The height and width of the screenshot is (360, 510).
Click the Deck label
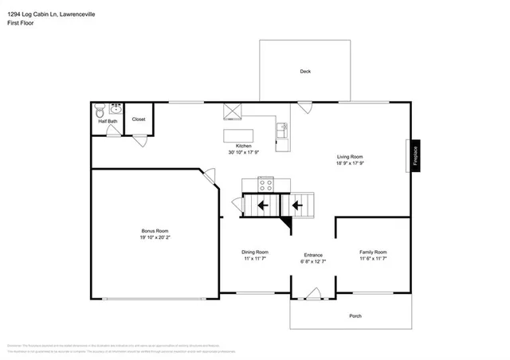click(x=304, y=72)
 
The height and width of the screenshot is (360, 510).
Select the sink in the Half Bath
click(x=116, y=108)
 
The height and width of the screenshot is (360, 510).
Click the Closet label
click(x=139, y=119)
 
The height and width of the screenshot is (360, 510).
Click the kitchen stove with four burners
click(x=265, y=184)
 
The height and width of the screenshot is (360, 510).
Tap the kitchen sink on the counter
click(x=281, y=127)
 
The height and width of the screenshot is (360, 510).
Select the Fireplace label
click(x=415, y=156)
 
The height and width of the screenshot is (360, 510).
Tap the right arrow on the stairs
click(x=296, y=205)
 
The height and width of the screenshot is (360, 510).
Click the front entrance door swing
click(x=312, y=293)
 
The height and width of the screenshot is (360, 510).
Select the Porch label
click(x=355, y=316)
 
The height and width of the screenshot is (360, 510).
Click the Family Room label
click(x=373, y=252)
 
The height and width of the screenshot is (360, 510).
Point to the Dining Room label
click(x=255, y=252)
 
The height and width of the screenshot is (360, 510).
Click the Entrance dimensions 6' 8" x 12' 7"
click(x=312, y=260)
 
